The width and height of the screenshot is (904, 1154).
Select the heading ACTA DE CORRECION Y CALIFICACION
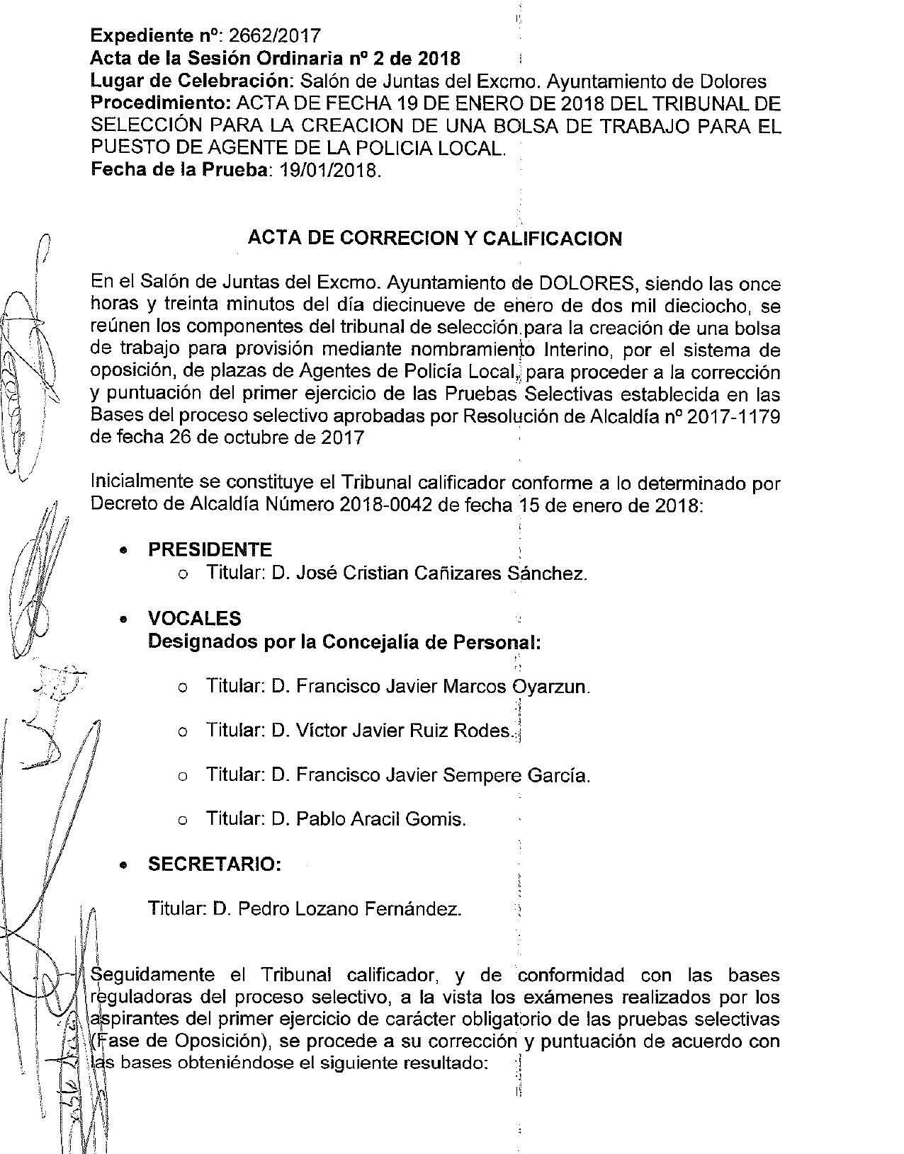tap(434, 239)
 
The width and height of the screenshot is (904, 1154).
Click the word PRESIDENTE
tap(210, 549)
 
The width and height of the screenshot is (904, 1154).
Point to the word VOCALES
tap(194, 619)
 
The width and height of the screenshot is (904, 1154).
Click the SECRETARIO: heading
tap(215, 864)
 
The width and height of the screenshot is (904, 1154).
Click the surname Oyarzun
tap(550, 687)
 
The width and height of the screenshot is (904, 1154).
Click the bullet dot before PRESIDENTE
tap(124, 550)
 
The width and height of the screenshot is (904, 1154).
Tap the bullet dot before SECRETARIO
tap(124, 865)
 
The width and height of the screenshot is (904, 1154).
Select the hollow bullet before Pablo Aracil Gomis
tap(183, 821)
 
